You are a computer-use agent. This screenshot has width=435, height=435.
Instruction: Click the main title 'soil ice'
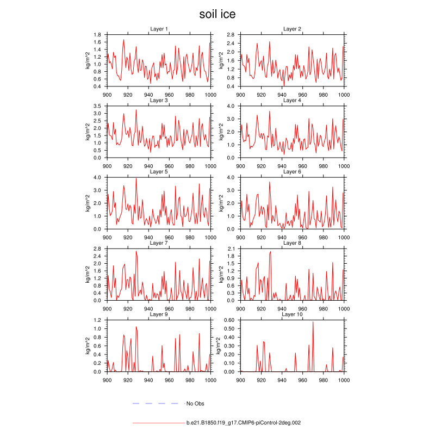(x=217, y=14)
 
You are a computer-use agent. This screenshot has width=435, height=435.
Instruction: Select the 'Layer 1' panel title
(x=159, y=29)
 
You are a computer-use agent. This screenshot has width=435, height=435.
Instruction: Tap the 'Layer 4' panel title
(x=292, y=100)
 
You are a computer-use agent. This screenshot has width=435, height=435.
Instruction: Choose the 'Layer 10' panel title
(x=292, y=314)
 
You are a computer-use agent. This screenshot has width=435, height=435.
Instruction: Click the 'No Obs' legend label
(x=195, y=403)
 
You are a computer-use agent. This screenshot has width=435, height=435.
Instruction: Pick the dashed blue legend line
(x=156, y=403)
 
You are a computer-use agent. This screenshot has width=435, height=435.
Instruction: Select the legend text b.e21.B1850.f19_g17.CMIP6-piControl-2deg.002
(x=244, y=422)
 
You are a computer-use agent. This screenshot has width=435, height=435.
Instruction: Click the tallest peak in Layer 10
(x=313, y=322)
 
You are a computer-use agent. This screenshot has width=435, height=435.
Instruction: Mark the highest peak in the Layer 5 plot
(x=136, y=178)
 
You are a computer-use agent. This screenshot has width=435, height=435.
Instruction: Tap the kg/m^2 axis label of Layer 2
(x=221, y=60)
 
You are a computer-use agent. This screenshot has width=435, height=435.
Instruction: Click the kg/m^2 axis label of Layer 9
(x=87, y=346)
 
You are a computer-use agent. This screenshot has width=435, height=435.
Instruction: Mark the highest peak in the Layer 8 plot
(x=270, y=251)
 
